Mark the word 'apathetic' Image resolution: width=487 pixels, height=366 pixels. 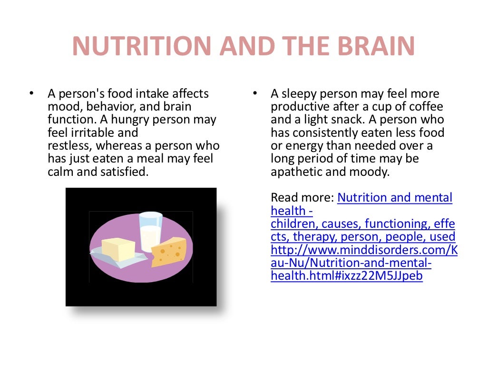click(296, 171)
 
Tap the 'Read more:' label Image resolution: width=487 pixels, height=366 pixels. click(302, 197)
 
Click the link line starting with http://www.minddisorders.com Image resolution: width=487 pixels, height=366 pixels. click(364, 249)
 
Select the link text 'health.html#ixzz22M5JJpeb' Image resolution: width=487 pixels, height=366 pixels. click(347, 275)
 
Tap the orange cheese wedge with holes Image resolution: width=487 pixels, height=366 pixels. click(169, 252)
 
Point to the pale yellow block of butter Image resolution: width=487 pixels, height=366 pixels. click(118, 248)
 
